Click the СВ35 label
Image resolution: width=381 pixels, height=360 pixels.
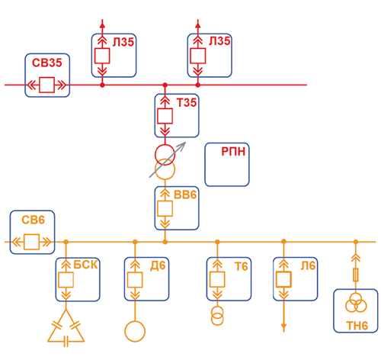tap(47, 63)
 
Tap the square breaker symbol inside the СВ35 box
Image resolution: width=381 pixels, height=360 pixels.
tap(46, 85)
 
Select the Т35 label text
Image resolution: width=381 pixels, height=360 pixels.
tap(187, 102)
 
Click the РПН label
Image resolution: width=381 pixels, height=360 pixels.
tap(233, 152)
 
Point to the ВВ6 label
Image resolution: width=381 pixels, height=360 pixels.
tap(185, 194)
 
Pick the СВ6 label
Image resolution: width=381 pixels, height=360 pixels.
tap(33, 220)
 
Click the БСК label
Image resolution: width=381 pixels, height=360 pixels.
tap(85, 265)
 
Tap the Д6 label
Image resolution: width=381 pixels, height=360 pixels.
tap(158, 266)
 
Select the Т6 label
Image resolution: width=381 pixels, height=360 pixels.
tap(241, 266)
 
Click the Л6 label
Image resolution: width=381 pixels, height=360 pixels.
tap(308, 266)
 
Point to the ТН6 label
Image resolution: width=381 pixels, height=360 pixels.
tap(357, 326)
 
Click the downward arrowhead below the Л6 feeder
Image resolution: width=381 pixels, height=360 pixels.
tap(283, 328)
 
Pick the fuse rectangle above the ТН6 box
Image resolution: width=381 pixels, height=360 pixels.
tap(356, 275)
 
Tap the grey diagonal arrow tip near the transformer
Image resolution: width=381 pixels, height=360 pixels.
tap(186, 143)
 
